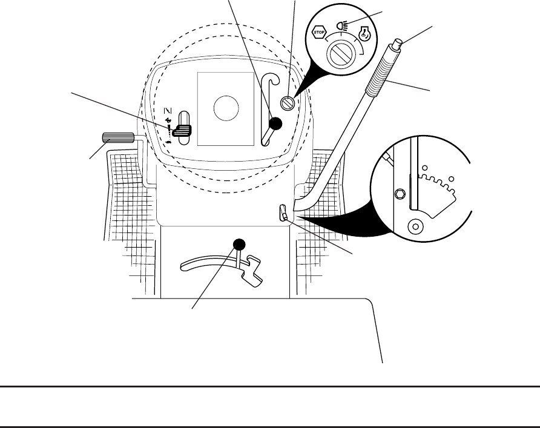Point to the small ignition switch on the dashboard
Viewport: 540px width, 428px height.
pyautogui.click(x=290, y=103)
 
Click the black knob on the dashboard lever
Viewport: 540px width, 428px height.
pyautogui.click(x=275, y=123)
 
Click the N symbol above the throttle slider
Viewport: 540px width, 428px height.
pyautogui.click(x=170, y=110)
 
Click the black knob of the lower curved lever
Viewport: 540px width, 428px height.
pyautogui.click(x=240, y=244)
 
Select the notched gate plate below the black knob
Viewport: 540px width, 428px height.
pyautogui.click(x=254, y=269)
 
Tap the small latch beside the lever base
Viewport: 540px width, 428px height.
pyautogui.click(x=283, y=212)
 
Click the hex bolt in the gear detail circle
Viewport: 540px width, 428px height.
pyautogui.click(x=400, y=194)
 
